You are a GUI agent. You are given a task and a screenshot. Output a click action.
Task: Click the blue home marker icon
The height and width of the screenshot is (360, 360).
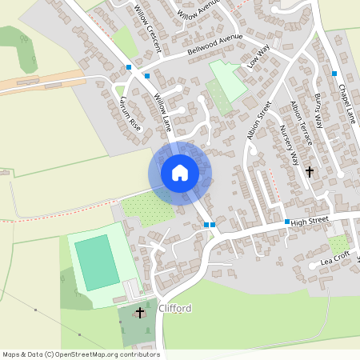[x=180, y=173]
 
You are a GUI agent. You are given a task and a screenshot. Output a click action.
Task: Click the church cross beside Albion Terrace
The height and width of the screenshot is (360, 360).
[x=309, y=171]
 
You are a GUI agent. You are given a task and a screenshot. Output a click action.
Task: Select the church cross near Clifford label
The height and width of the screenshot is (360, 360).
[x=141, y=312]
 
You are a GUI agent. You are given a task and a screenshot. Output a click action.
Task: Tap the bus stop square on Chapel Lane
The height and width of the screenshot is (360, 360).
[x=334, y=74]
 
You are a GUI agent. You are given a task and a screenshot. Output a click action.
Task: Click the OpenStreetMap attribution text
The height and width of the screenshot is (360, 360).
[x=81, y=354]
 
